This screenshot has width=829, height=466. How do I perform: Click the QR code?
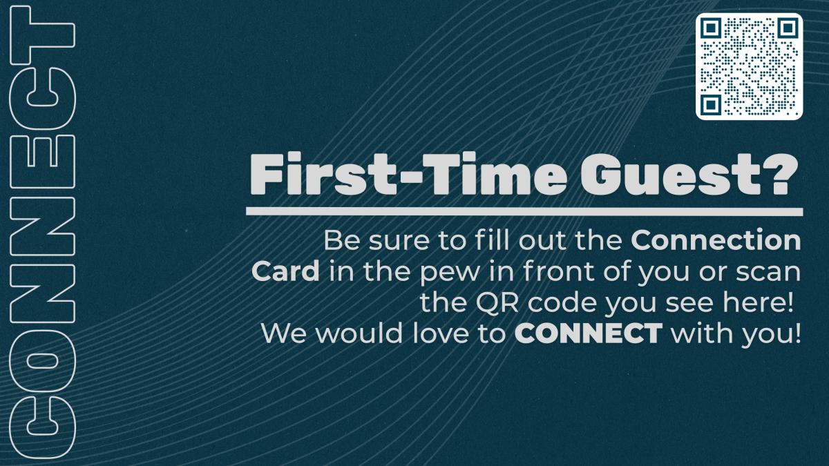click(x=749, y=66)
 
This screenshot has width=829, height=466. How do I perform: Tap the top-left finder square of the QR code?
click(x=711, y=28)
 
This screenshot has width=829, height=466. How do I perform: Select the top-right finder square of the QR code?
click(x=788, y=28)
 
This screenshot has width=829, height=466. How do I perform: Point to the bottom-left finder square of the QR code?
click(x=711, y=105)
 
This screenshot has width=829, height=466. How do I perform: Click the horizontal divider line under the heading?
click(x=524, y=211)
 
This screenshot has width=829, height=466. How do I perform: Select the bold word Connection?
click(x=716, y=240)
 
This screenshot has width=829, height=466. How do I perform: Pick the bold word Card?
click(x=285, y=271)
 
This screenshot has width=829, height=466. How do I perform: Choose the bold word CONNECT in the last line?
click(x=589, y=333)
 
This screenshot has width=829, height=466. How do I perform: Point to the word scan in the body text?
click(x=768, y=273)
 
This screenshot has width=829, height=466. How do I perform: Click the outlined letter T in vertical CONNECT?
click(x=43, y=36)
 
